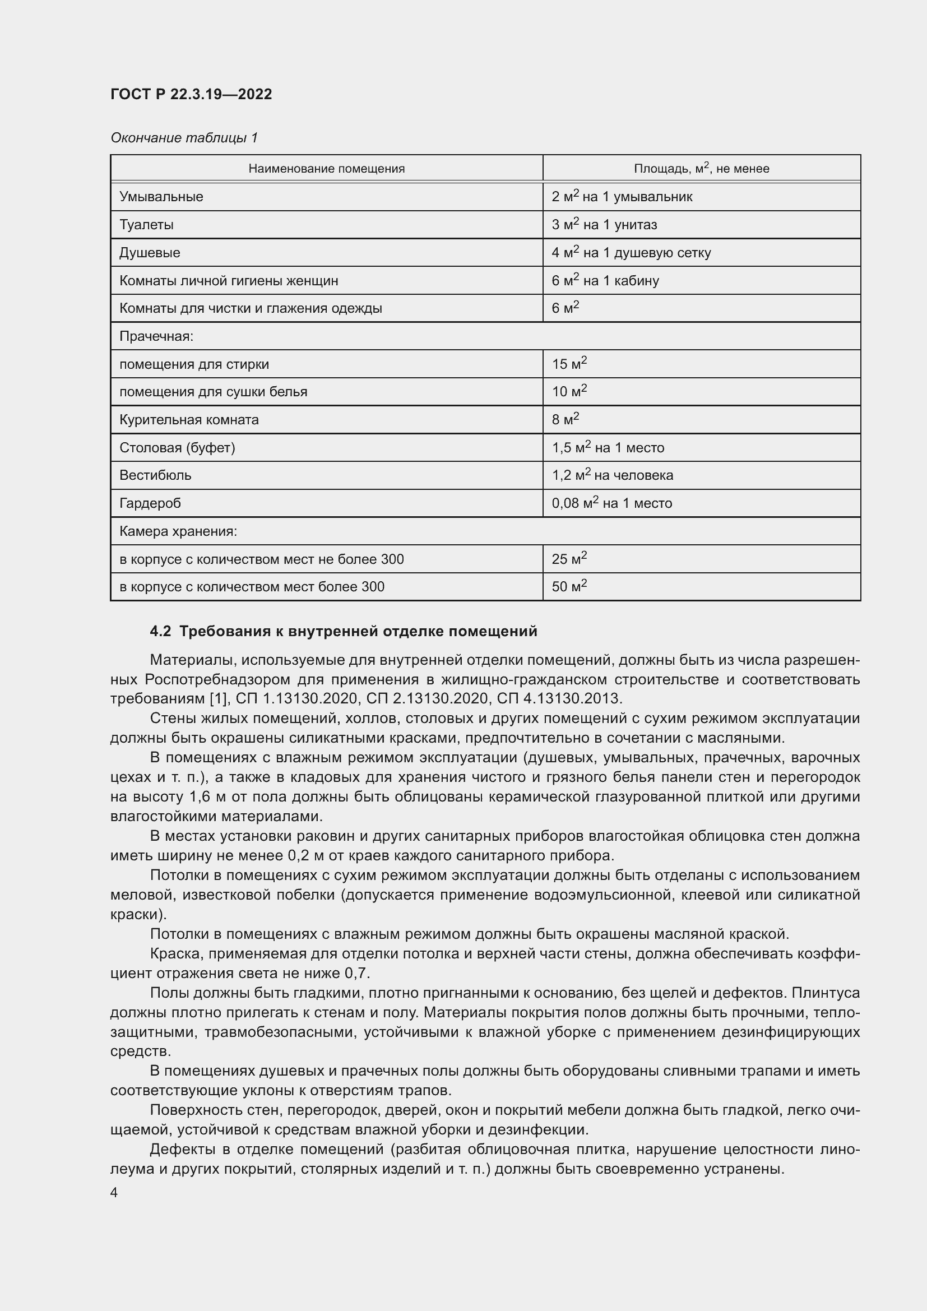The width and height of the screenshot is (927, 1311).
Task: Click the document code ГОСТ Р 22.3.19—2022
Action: pyautogui.click(x=191, y=94)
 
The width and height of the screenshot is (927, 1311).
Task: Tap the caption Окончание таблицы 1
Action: pyautogui.click(x=184, y=138)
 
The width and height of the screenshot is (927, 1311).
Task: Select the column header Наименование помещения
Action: pyautogui.click(x=327, y=169)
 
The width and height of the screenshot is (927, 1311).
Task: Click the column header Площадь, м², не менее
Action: pyautogui.click(x=701, y=169)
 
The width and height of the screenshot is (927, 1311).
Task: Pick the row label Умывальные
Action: pyautogui.click(x=161, y=197)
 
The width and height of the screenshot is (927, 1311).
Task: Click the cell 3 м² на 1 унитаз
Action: pyautogui.click(x=604, y=224)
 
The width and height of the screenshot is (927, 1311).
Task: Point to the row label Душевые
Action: pyautogui.click(x=150, y=252)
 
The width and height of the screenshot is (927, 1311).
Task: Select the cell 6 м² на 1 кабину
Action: pyautogui.click(x=605, y=280)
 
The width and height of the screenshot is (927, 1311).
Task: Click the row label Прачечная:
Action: pyautogui.click(x=156, y=336)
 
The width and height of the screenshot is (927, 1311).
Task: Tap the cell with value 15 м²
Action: pyautogui.click(x=569, y=364)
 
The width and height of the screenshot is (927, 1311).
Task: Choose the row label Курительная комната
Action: pyautogui.click(x=189, y=420)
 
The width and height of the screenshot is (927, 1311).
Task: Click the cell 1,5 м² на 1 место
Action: pyautogui.click(x=608, y=448)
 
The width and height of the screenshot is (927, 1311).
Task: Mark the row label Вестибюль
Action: pyautogui.click(x=155, y=475)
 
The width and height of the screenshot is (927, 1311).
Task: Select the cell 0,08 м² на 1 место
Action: pyautogui.click(x=611, y=503)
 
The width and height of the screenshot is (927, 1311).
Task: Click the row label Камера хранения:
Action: pyautogui.click(x=178, y=531)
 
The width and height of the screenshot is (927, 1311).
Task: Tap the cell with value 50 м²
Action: pyautogui.click(x=569, y=586)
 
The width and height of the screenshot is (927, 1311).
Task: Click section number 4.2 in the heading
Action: pyautogui.click(x=160, y=632)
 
